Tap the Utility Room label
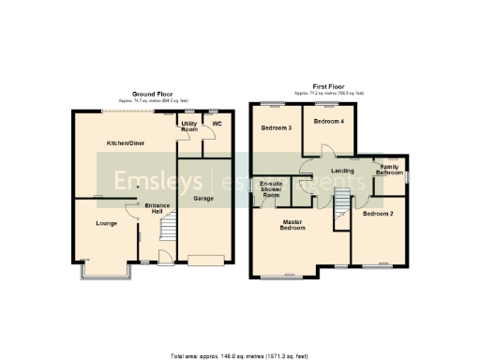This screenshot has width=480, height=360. (x=189, y=127)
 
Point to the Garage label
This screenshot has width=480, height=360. (x=203, y=199)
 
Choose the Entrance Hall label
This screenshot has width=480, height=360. (x=156, y=208)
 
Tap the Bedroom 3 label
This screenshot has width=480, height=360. (x=276, y=127)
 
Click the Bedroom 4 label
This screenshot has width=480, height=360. (x=328, y=122)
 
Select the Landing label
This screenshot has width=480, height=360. (x=342, y=171)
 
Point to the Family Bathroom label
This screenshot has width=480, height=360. (x=390, y=170)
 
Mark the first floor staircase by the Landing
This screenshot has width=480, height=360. (x=342, y=200)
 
